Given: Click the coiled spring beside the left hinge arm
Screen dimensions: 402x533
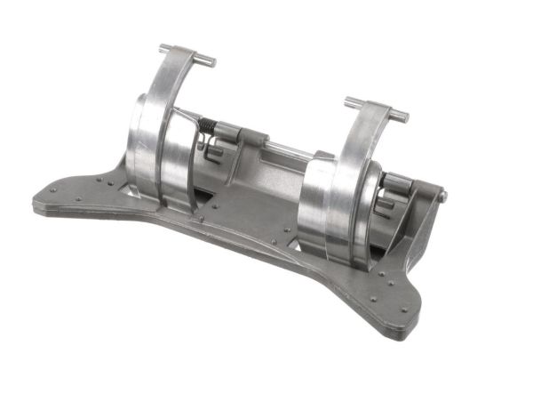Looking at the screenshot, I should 205,130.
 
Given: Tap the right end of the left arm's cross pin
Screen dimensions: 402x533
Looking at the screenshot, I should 211,62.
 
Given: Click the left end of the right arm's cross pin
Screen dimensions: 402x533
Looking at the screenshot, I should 348,100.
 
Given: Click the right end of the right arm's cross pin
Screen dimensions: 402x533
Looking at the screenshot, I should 404,117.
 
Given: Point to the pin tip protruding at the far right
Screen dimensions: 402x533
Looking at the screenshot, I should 442,197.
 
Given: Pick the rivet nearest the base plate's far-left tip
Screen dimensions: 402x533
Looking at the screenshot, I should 55,190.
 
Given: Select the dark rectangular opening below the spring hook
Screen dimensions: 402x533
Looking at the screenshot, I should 215,169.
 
